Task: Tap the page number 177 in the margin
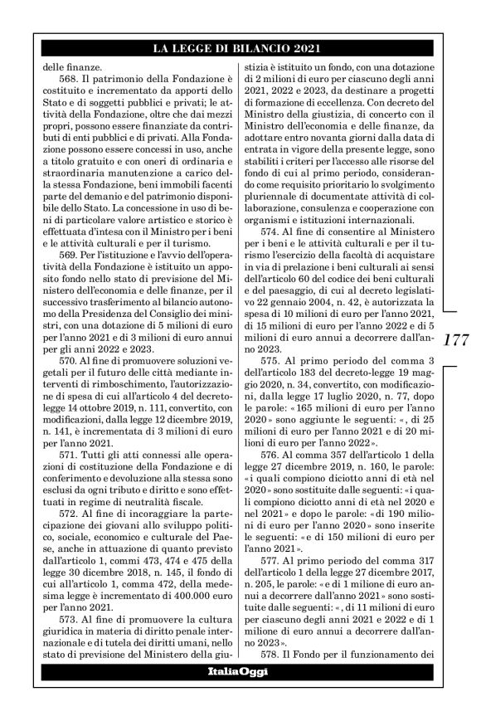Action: (459, 341)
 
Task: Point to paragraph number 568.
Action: (65, 77)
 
